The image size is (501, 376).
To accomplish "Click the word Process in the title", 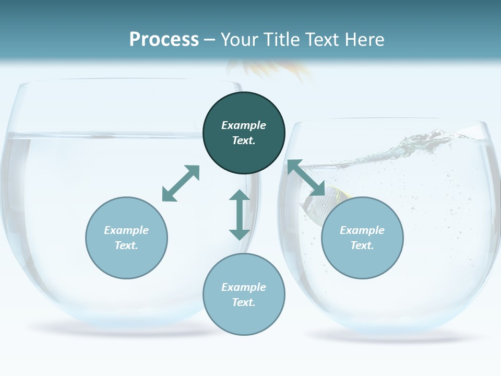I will coord(164,39).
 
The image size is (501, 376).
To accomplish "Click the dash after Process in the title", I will coord(210,40).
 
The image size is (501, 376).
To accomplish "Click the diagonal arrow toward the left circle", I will coord(181,183).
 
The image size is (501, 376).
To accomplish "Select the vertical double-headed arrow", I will coord(240,215).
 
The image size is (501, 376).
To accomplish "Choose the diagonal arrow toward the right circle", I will coord(306,178).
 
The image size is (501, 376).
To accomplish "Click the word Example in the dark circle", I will coord(244,125).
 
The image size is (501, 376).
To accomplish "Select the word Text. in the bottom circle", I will coord(244,302).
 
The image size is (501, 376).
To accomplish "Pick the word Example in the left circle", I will coord(126,230).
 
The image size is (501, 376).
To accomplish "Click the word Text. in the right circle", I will coord(362,245).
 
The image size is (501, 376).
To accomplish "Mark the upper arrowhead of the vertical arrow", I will coord(240,196).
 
